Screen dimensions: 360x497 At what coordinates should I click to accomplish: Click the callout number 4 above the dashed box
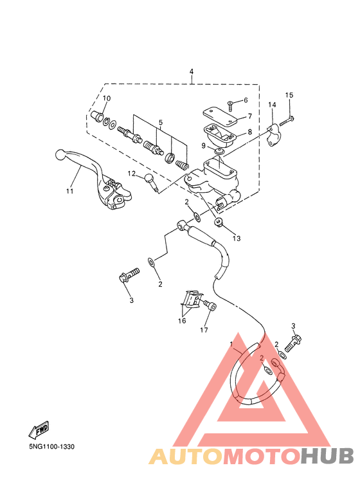click(192, 71)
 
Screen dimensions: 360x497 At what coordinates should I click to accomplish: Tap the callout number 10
click(107, 98)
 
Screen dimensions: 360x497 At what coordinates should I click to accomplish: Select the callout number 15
click(289, 95)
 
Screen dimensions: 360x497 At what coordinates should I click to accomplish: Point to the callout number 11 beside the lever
click(69, 191)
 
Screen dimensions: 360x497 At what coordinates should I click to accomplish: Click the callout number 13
click(237, 239)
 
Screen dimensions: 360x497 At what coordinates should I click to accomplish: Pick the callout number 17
click(204, 330)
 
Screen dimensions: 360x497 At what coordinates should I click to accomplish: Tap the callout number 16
click(182, 321)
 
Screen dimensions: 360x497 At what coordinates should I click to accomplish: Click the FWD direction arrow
click(39, 429)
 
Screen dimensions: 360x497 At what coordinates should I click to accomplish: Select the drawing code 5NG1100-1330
click(52, 447)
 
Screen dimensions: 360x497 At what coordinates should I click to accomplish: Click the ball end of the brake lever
click(60, 155)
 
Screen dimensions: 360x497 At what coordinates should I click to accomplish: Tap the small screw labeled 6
click(230, 106)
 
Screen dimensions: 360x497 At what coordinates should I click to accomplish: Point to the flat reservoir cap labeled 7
click(221, 116)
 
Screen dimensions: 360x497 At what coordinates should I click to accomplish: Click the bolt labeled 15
click(287, 121)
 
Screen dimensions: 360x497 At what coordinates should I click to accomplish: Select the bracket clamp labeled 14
click(272, 136)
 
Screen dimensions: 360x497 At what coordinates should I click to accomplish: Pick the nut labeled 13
click(219, 222)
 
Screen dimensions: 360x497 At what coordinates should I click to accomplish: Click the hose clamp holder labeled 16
click(192, 299)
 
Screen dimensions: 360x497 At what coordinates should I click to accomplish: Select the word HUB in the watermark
click(327, 456)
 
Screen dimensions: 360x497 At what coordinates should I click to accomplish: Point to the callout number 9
click(204, 146)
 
